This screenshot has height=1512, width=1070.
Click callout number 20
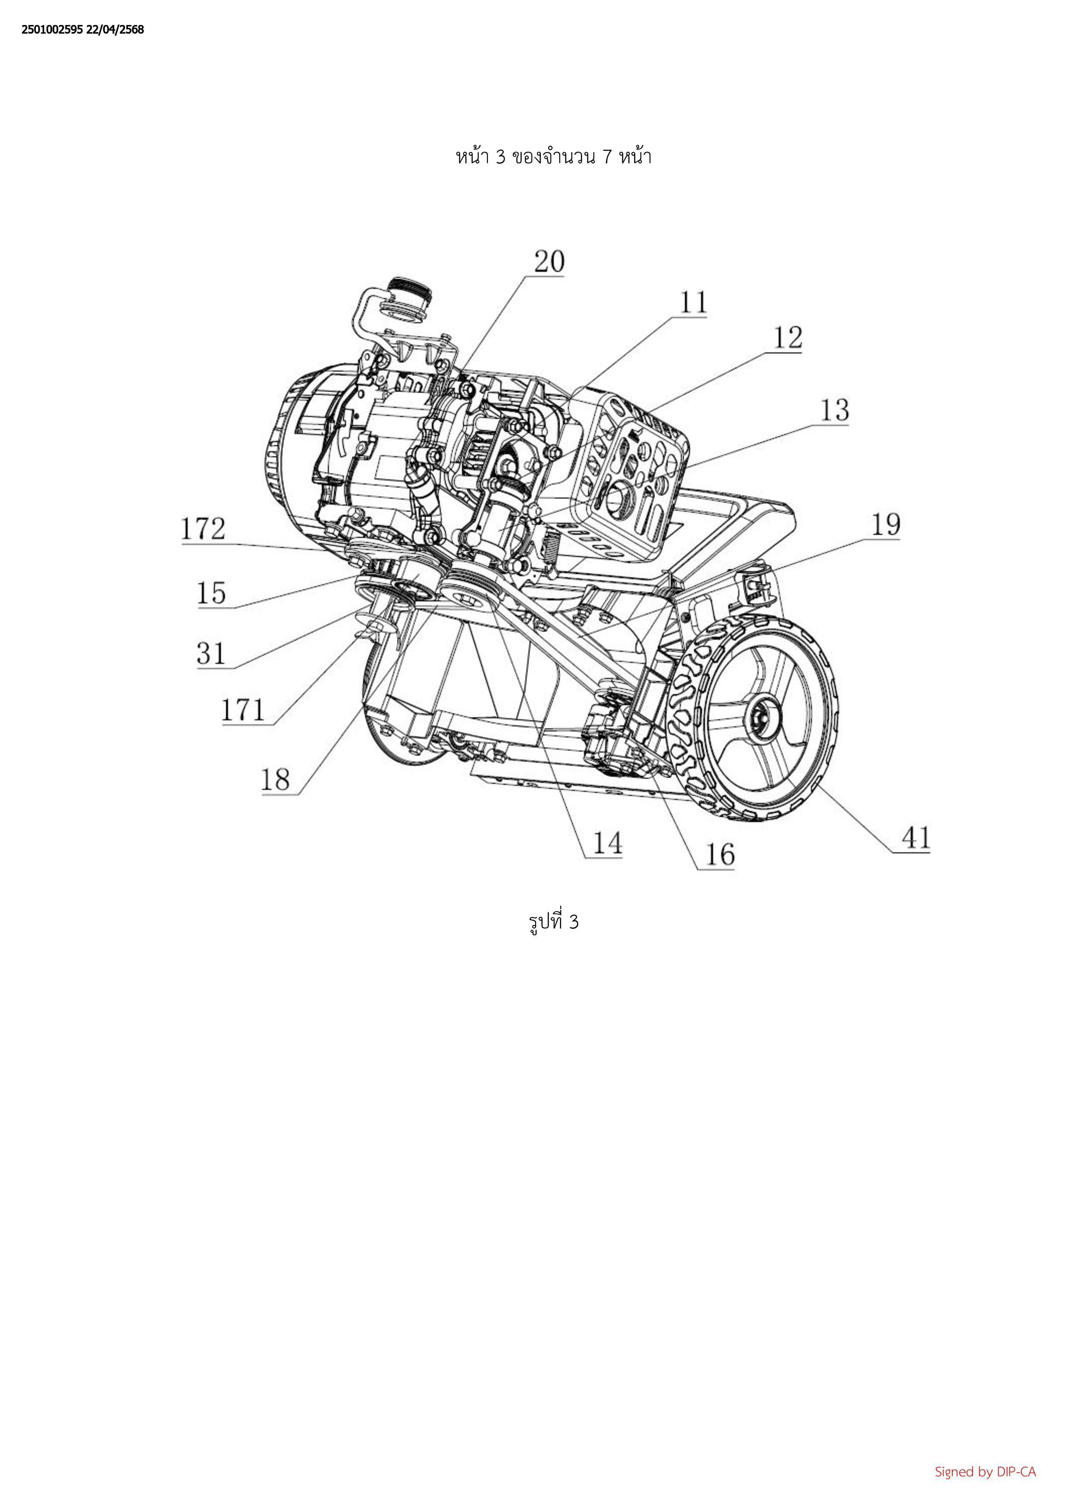coord(549,262)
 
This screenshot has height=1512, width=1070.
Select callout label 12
coord(788,338)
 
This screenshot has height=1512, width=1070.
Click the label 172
coord(204,529)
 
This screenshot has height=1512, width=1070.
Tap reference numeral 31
coord(211,654)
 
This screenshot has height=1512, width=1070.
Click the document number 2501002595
coord(53,30)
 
